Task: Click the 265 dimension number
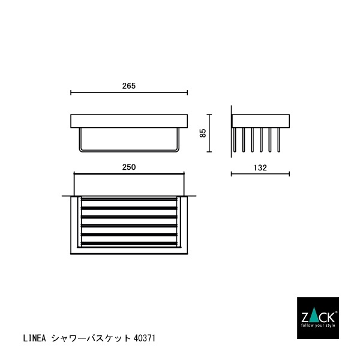129,86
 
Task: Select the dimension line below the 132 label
260,175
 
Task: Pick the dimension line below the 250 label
128,175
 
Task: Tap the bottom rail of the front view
129,151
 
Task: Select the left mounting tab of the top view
65,196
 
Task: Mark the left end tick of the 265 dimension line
71,93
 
